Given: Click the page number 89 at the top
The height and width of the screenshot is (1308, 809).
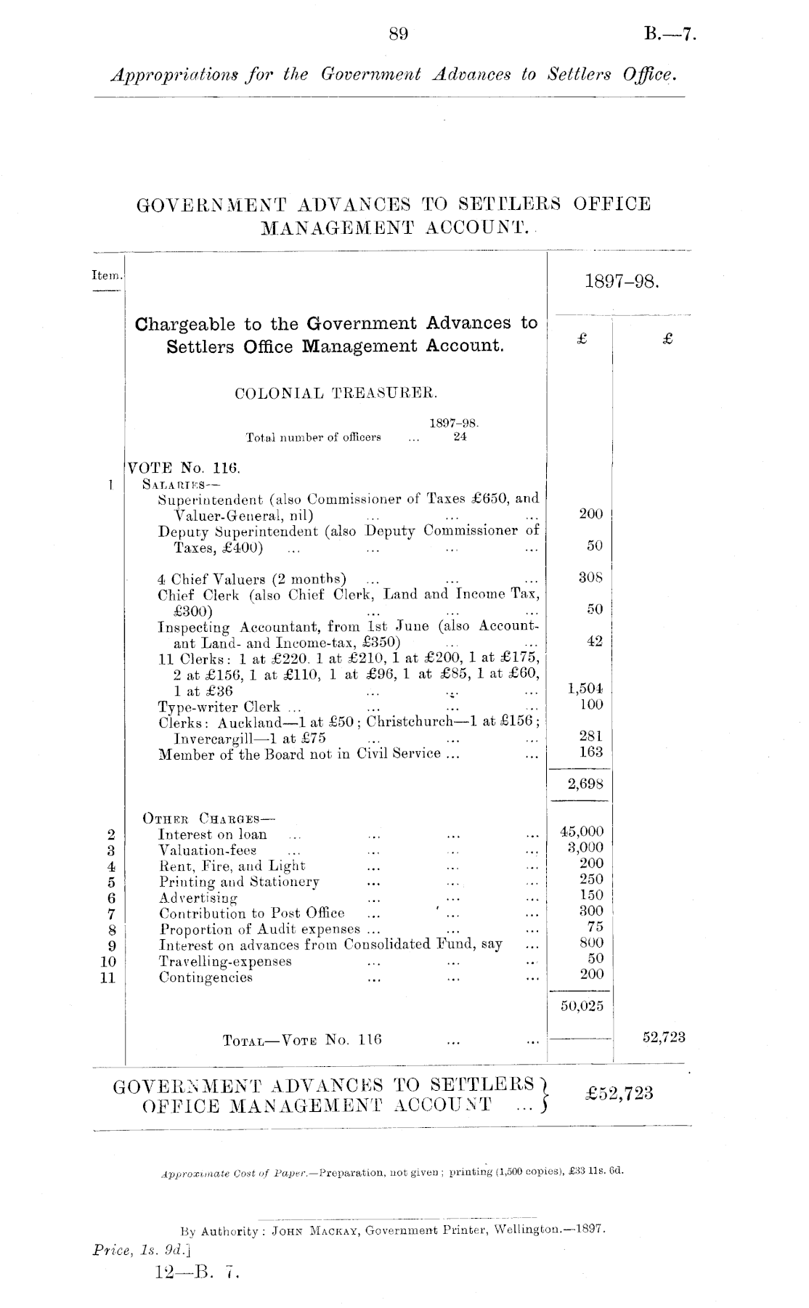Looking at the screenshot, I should pyautogui.click(x=399, y=33).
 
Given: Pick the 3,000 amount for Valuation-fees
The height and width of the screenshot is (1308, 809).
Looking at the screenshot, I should pyautogui.click(x=585, y=848).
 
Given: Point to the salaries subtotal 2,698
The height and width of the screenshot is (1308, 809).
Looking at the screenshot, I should pyautogui.click(x=585, y=784).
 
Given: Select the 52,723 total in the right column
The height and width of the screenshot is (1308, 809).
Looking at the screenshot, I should pyautogui.click(x=664, y=1038).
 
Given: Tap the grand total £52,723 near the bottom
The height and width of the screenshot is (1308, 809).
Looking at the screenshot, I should pyautogui.click(x=618, y=1093).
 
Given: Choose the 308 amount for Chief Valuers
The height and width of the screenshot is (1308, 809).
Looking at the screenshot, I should pyautogui.click(x=591, y=579).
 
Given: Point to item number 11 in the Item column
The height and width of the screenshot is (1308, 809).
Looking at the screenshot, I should pyautogui.click(x=108, y=978).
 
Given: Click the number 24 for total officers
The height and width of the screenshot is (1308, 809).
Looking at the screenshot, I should pyautogui.click(x=460, y=437).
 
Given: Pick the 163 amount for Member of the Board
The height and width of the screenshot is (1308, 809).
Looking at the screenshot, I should pyautogui.click(x=591, y=752).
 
